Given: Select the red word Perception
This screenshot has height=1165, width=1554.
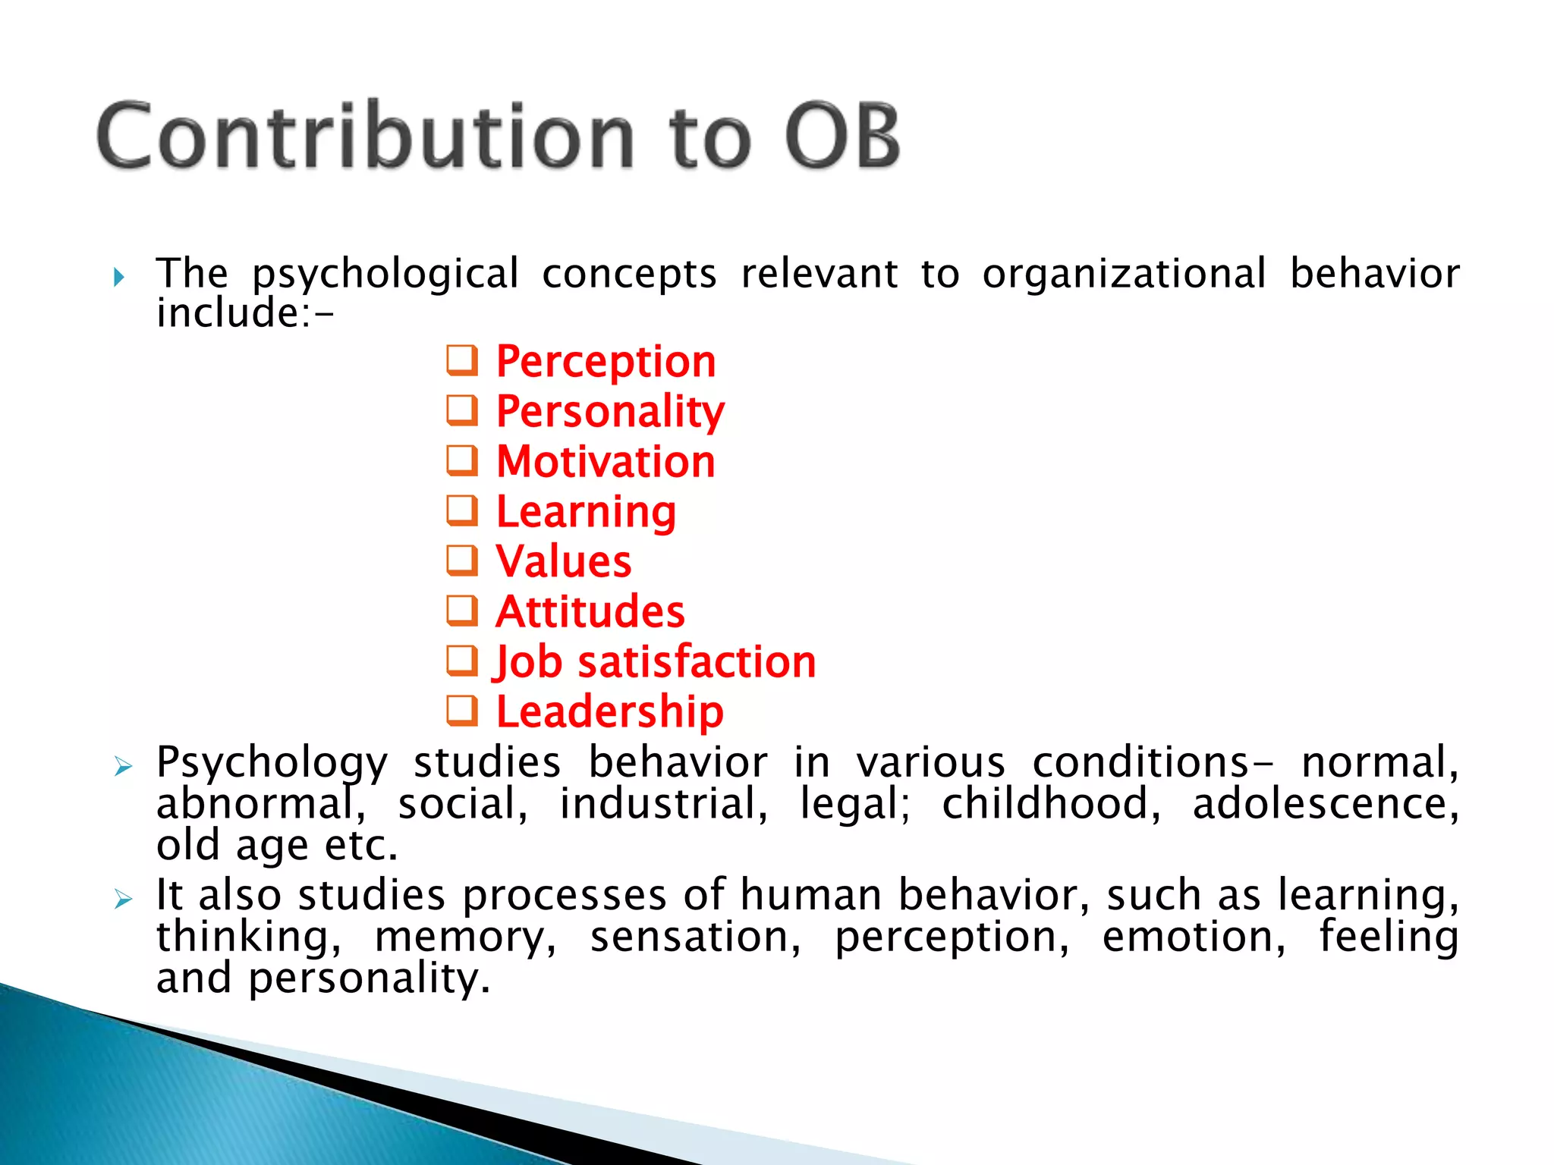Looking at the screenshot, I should [x=606, y=362].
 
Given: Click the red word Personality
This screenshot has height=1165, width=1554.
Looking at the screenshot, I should [x=610, y=412].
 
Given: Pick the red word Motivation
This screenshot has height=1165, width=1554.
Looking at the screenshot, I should [x=606, y=462].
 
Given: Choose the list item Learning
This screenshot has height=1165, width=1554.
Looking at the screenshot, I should [x=586, y=512].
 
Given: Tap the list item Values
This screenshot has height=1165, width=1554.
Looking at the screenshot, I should [x=563, y=562].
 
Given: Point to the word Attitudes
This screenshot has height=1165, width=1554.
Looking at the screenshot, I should [x=590, y=612].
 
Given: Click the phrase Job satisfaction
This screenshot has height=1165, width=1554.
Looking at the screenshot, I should [x=656, y=662].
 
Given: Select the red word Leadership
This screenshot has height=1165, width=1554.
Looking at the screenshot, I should [x=610, y=712].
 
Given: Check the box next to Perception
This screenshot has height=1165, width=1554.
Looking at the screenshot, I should [x=462, y=360].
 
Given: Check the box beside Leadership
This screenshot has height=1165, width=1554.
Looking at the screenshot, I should [x=462, y=711].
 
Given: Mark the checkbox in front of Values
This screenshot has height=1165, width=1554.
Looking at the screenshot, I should [x=462, y=561].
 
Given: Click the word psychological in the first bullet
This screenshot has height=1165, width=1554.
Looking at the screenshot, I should [x=385, y=274].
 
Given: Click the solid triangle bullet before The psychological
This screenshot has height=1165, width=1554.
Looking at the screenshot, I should [x=118, y=277].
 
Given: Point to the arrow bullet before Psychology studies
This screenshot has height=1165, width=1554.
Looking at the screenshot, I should [x=123, y=766].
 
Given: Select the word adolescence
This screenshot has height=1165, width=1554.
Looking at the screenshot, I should [x=1325, y=804].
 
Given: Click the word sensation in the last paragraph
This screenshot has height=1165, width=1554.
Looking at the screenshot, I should [x=695, y=937].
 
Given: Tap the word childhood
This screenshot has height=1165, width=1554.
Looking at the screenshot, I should [x=1051, y=804].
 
